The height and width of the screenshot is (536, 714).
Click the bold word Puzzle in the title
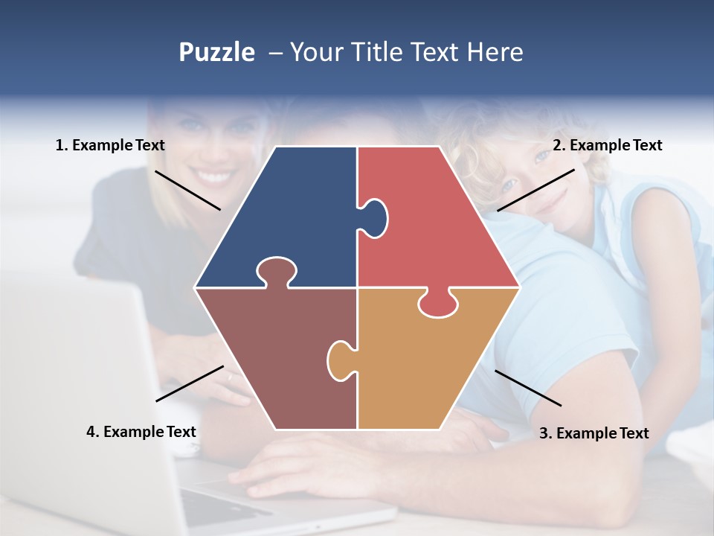tap(216, 52)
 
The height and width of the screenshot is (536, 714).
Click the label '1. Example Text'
tap(110, 146)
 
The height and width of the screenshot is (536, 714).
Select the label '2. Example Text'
tap(607, 146)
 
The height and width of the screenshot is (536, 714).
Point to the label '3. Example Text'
tap(594, 433)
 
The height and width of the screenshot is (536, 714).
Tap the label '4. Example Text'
tap(141, 432)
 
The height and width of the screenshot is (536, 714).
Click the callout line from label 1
tap(187, 190)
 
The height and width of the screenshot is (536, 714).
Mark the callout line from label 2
tap(535, 190)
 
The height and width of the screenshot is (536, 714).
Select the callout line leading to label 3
tap(528, 388)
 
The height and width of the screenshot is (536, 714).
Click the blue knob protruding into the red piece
tap(374, 216)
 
